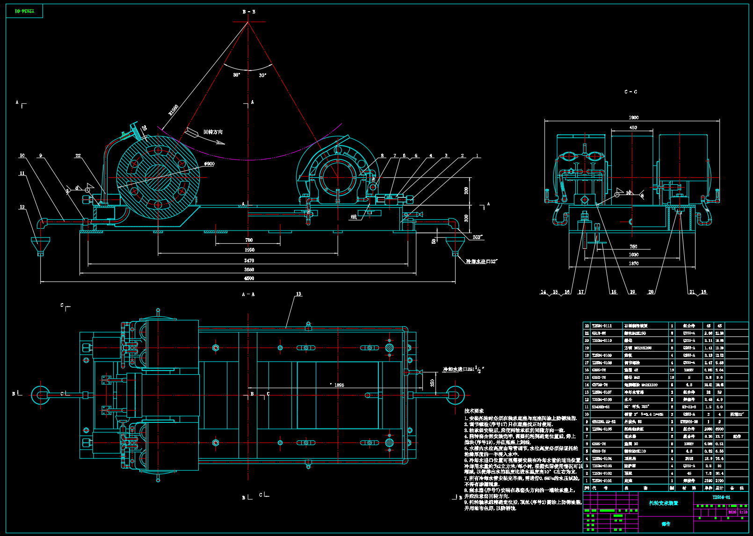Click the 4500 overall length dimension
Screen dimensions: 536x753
tap(249, 278)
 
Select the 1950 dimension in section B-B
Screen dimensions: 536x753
tap(249, 250)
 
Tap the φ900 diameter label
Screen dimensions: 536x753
tap(209, 164)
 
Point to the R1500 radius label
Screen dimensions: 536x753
tap(174, 110)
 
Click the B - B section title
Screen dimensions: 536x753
tap(249, 12)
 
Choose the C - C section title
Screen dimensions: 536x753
tap(630, 92)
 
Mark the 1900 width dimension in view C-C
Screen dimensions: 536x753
tap(634, 117)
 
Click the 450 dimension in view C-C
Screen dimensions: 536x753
tap(633, 128)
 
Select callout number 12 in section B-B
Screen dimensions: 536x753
tap(22, 207)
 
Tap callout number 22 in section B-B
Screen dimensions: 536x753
tap(78, 156)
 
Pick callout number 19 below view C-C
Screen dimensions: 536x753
tap(632, 292)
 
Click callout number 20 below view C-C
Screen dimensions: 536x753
tap(651, 292)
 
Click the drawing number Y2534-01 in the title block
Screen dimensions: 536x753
tap(721, 497)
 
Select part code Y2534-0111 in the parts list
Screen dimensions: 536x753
tap(602, 326)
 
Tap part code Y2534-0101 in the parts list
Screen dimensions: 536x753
tap(602, 480)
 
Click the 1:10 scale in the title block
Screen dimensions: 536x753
tap(743, 512)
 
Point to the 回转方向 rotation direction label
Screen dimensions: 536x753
tap(213, 132)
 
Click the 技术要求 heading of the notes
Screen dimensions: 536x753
tap(474, 411)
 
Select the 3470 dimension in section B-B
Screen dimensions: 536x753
tap(249, 261)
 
